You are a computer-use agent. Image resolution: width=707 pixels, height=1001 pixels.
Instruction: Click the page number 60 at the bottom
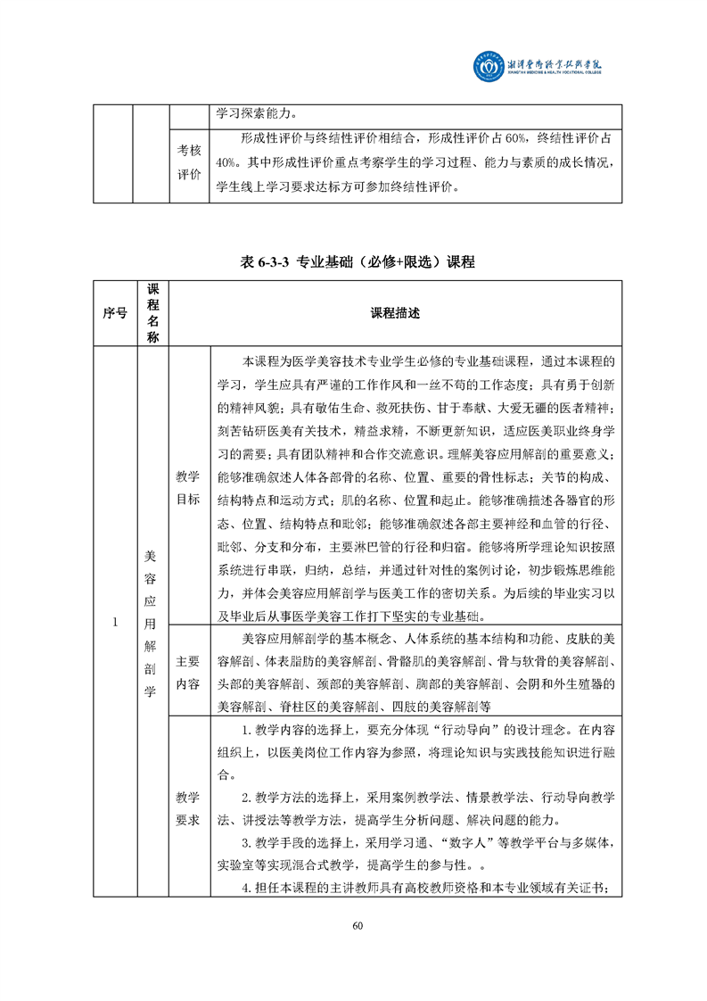(x=358, y=925)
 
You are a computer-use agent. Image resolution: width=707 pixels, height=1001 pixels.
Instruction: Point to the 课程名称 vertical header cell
(x=152, y=313)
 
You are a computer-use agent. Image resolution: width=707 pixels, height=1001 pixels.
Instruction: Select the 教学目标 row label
(x=188, y=486)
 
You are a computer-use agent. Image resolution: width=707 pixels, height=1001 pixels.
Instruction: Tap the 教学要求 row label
(x=188, y=807)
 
